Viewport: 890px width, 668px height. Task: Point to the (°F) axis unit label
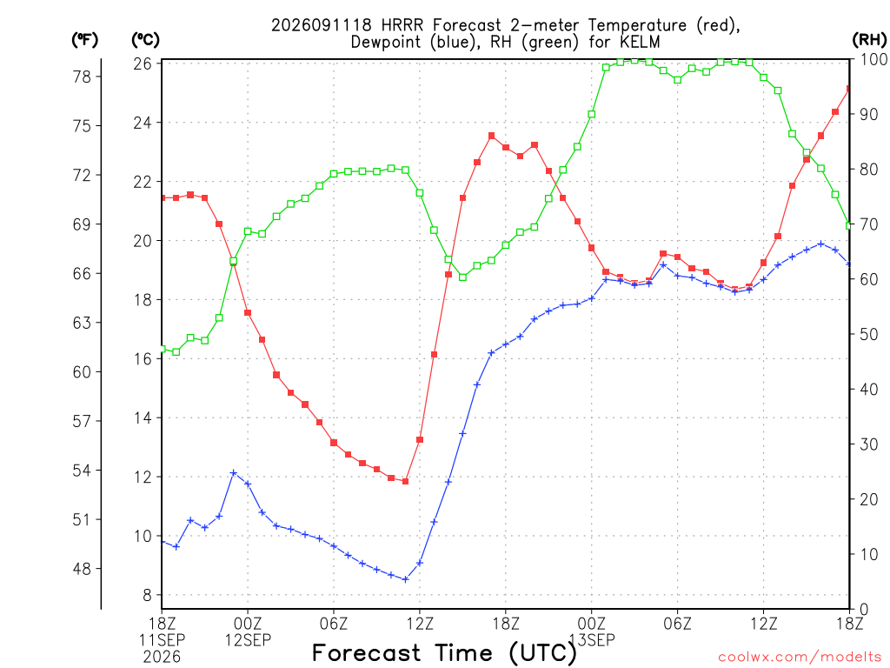coord(84,40)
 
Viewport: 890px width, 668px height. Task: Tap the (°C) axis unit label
coord(145,40)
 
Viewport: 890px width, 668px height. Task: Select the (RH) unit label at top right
coord(869,40)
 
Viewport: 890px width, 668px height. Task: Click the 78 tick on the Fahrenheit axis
coord(82,77)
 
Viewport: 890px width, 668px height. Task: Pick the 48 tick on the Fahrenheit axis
coord(82,569)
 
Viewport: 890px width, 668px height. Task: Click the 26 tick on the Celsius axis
coord(143,63)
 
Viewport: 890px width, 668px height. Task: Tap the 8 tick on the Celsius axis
coord(148,595)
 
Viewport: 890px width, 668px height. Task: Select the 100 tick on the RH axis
coord(873,59)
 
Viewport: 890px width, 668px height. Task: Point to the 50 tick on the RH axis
coord(869,335)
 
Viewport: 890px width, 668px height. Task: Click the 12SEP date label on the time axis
coord(248,640)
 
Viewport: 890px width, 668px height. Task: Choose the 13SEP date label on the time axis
coord(592,640)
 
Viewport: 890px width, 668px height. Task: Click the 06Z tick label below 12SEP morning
coord(334,624)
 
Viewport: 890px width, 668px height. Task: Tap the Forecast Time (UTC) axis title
coord(444,653)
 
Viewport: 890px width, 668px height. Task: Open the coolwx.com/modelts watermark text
coord(800,658)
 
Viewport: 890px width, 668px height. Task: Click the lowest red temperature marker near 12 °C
coord(405,481)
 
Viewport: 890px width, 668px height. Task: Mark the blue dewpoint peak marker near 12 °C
coord(233,472)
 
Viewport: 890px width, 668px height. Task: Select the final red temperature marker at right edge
coord(849,89)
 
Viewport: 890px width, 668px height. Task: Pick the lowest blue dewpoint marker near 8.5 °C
coord(405,579)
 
